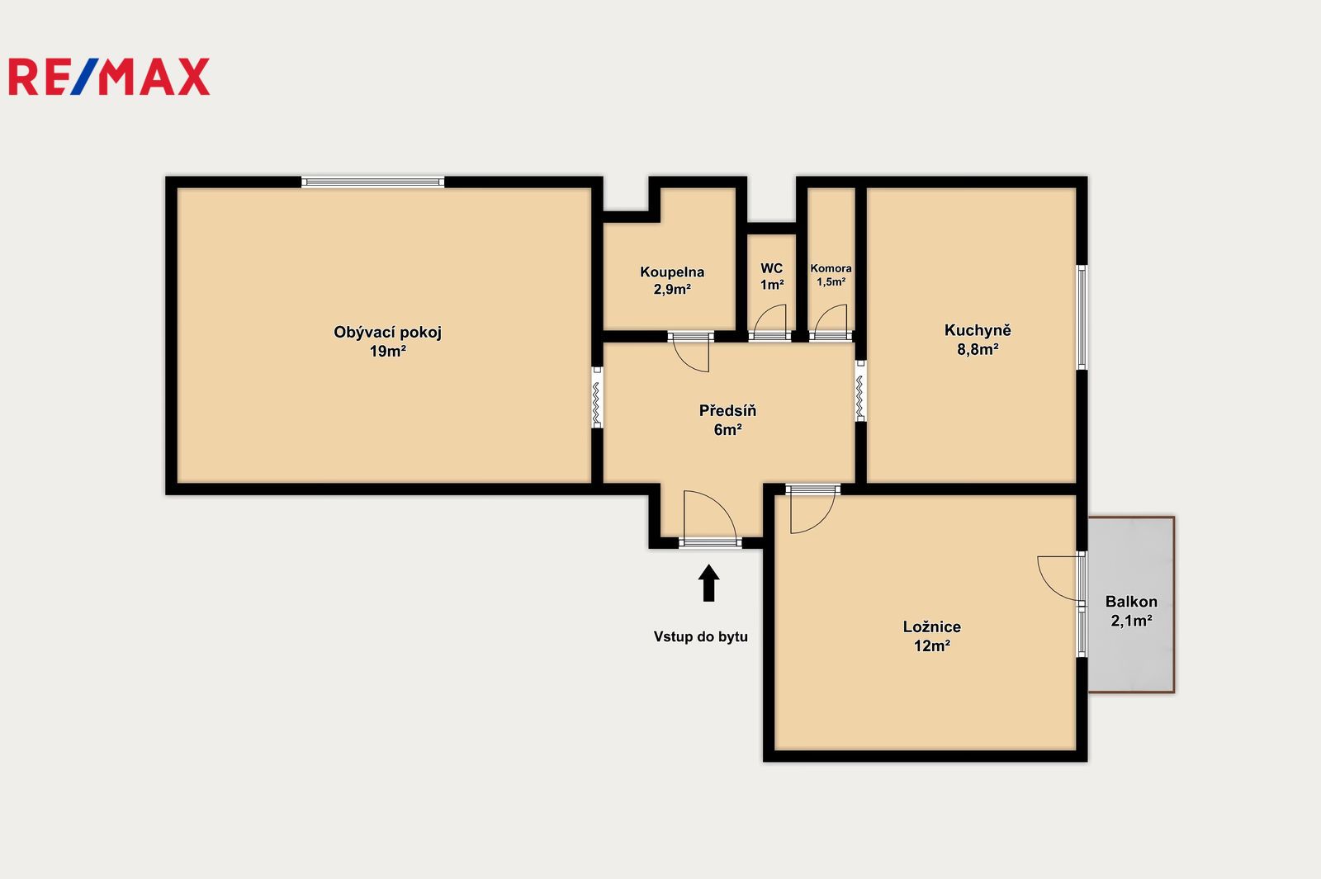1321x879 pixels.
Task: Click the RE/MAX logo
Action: coord(109,77)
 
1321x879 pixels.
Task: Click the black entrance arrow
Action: coord(709,583)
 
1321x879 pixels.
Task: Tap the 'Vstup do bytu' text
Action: coord(701,636)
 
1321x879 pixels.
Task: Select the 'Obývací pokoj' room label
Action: coord(387,333)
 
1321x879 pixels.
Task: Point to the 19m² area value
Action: coord(387,352)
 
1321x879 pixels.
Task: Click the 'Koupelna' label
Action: coord(672,272)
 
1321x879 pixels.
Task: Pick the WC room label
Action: coord(771,268)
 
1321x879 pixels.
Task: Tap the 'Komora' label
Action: coord(831,268)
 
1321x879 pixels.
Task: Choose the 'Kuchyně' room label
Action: coord(978,330)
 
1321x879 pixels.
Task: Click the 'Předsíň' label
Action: coord(727,410)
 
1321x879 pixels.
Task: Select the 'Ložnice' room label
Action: coord(932,626)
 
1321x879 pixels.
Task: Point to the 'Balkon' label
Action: coord(1131,602)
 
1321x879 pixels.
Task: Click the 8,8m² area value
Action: coord(978,350)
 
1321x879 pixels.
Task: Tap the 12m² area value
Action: coord(932,646)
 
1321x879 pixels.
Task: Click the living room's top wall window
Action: coord(372,182)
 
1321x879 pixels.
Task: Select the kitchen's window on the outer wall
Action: coord(1082,317)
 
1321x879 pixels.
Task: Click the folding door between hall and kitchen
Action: coord(861,390)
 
